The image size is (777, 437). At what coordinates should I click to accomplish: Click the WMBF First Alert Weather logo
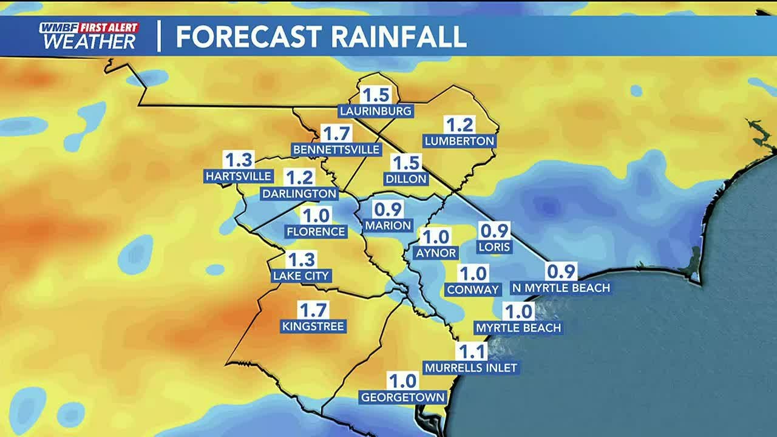click(89, 36)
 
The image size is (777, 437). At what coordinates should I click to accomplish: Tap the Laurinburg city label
click(376, 111)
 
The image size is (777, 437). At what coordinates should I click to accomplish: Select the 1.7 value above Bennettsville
click(336, 134)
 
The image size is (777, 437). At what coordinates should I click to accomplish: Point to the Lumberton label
click(460, 141)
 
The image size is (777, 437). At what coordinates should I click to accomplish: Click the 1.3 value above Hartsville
click(238, 160)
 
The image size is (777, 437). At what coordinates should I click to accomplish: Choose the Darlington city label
click(299, 194)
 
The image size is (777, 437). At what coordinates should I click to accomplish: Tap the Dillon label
click(406, 179)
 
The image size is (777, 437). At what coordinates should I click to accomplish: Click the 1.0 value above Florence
click(316, 215)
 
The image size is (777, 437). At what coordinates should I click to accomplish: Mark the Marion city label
click(388, 225)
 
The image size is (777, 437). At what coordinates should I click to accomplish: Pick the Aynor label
click(436, 253)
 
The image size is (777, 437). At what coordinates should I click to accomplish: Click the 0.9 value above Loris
click(495, 231)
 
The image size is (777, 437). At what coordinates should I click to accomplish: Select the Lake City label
click(301, 276)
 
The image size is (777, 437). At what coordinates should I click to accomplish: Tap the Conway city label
click(473, 290)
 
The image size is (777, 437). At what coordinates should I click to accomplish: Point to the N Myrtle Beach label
click(560, 287)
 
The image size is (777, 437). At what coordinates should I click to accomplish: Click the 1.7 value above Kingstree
click(313, 310)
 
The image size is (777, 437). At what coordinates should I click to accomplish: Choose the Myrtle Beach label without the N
click(518, 328)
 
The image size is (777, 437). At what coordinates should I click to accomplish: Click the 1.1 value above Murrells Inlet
click(471, 351)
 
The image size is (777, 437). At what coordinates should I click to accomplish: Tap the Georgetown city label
click(403, 398)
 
